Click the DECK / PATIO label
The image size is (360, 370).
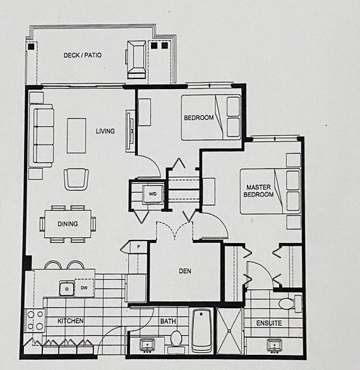click(x=83, y=55)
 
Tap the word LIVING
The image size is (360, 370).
click(x=105, y=131)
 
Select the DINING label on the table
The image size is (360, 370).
click(x=68, y=224)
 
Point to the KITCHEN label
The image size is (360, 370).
click(x=71, y=321)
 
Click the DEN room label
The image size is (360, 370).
click(x=185, y=271)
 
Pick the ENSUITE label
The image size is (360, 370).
click(x=269, y=323)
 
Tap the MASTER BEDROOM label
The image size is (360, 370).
click(x=258, y=191)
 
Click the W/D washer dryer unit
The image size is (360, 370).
click(x=152, y=194)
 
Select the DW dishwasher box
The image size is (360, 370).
click(x=85, y=288)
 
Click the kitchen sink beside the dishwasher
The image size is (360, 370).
click(x=67, y=289)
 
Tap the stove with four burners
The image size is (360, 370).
click(x=35, y=321)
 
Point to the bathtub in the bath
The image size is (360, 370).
click(x=201, y=330)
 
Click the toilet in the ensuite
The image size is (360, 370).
click(x=290, y=303)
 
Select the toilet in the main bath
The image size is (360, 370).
click(x=176, y=340)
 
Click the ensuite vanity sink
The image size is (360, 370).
click(x=274, y=346)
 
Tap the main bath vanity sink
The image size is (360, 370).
click(x=147, y=346)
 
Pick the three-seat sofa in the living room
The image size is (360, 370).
click(x=42, y=136)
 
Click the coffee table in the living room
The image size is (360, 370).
click(x=76, y=136)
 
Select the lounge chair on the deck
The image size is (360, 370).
click(x=136, y=59)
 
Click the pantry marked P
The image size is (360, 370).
click(x=138, y=248)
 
